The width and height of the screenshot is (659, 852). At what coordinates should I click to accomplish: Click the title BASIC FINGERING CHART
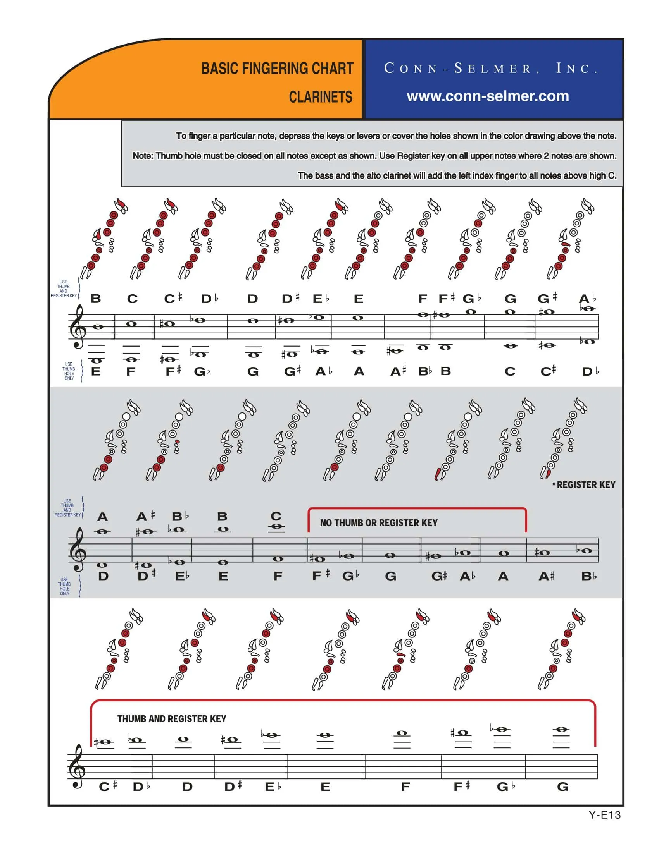click(x=277, y=68)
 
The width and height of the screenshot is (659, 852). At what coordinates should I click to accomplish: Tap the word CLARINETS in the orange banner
click(x=321, y=97)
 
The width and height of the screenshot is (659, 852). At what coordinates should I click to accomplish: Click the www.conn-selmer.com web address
click(x=488, y=96)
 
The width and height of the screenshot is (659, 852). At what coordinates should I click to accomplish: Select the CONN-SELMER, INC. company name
click(x=491, y=68)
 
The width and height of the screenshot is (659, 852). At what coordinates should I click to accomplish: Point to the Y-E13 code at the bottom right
click(x=605, y=814)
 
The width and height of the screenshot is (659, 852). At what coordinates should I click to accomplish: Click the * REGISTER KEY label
click(x=584, y=484)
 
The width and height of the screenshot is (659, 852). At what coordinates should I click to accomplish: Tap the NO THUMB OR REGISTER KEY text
click(x=378, y=523)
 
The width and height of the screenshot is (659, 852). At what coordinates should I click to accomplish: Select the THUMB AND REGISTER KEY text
click(x=172, y=718)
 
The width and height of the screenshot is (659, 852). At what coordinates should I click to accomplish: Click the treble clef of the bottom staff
click(x=77, y=766)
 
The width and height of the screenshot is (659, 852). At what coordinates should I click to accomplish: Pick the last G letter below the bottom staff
click(x=562, y=787)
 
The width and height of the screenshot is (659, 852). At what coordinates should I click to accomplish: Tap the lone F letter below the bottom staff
click(x=405, y=787)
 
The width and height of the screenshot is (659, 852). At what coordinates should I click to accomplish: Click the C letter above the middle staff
click(x=276, y=516)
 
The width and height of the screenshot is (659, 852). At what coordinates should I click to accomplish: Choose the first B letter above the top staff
click(x=96, y=299)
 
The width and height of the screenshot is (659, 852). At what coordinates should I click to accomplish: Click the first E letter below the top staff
click(x=96, y=371)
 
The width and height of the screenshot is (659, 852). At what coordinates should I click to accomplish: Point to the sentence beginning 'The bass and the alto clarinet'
click(x=457, y=175)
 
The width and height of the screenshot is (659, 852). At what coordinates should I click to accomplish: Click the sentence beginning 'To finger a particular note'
click(x=396, y=136)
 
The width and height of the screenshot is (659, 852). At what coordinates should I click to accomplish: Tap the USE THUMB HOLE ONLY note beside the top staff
click(x=69, y=371)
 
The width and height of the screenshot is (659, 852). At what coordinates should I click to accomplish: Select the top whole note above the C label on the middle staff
click(x=276, y=526)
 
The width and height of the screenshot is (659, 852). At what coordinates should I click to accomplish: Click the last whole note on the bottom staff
click(x=561, y=729)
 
